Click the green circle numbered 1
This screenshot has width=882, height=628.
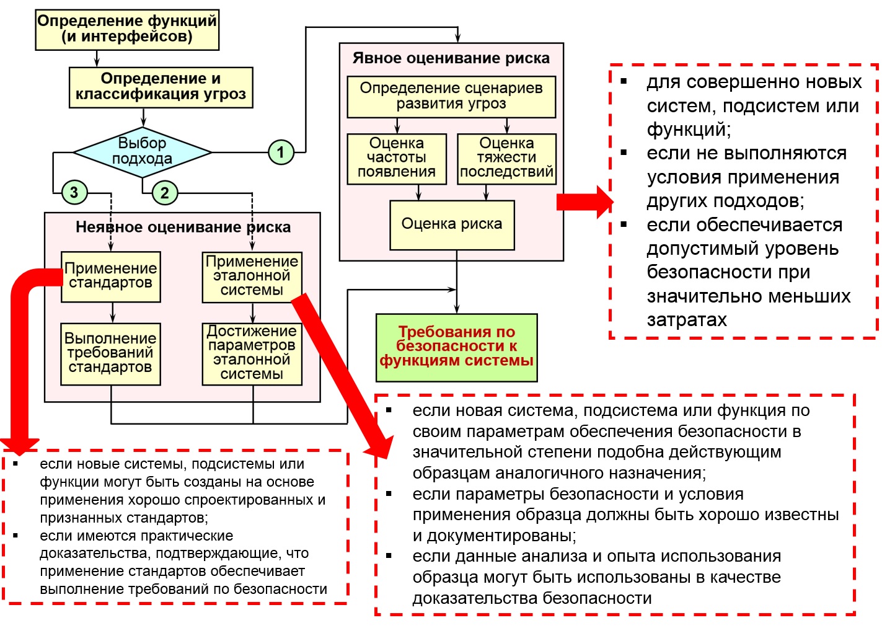(x=281, y=152)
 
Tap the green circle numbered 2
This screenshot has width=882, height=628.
(x=164, y=193)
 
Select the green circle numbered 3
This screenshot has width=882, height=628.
(x=74, y=192)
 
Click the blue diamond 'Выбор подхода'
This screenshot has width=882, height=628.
(x=143, y=151)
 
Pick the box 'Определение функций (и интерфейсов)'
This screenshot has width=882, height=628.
(x=127, y=29)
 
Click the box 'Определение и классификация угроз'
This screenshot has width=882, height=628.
(x=161, y=87)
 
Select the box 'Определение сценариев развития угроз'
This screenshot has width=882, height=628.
(x=451, y=96)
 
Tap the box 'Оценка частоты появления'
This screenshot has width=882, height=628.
(x=397, y=159)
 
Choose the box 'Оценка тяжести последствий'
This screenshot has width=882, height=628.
(x=506, y=159)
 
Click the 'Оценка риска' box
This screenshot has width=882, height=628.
(x=452, y=224)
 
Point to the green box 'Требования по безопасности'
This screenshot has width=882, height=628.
(x=456, y=347)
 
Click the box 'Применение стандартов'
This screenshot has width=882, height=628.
(x=111, y=276)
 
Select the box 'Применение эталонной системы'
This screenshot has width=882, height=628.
(x=252, y=276)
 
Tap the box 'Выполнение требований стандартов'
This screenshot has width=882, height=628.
(x=111, y=353)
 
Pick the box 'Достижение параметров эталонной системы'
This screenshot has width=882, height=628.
(x=252, y=353)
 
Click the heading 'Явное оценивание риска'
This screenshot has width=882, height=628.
(x=451, y=58)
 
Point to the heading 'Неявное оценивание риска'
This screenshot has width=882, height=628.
(x=183, y=228)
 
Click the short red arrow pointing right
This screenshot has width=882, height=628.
(x=583, y=202)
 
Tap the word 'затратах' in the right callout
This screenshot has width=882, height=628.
(x=687, y=320)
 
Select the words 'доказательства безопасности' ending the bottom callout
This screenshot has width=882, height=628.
(x=532, y=598)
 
